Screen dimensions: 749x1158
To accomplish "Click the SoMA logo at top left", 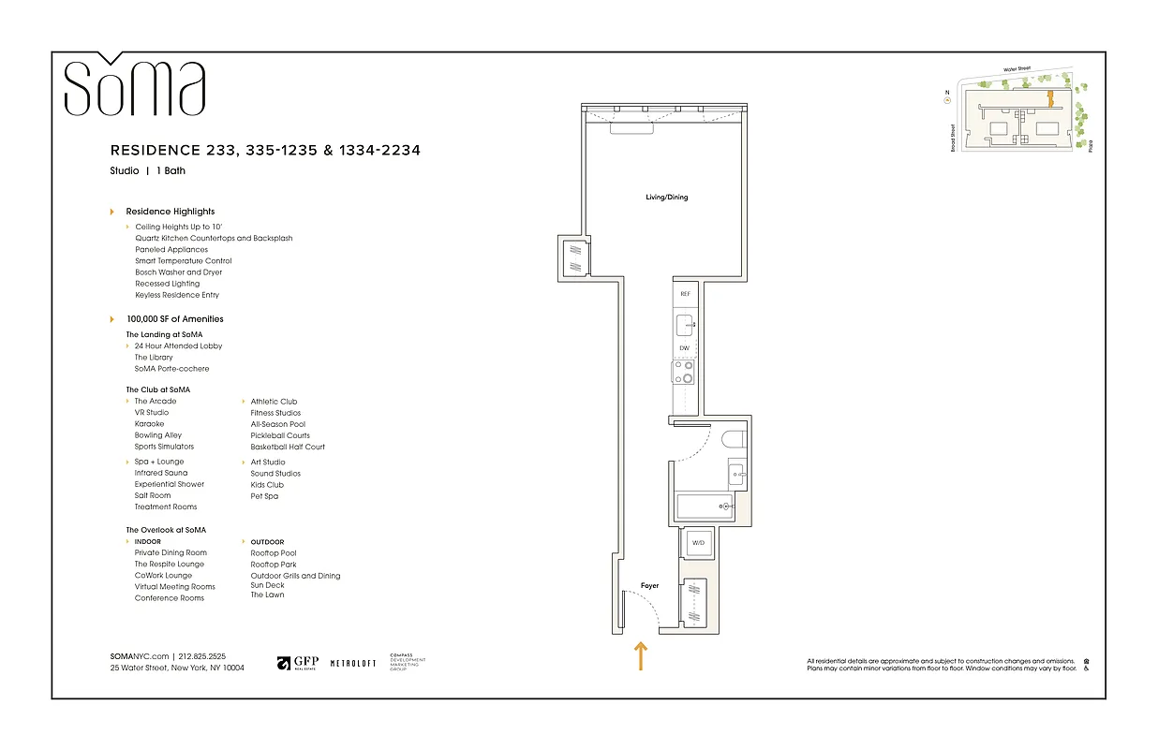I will pos(134,86).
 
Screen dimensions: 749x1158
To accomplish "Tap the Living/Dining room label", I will pos(666,198).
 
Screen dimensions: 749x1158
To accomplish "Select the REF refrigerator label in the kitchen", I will pos(685,294).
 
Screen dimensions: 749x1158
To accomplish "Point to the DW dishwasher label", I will pos(685,348).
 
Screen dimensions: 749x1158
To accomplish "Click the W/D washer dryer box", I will pos(698,543).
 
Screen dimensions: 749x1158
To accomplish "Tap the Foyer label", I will pos(649,586).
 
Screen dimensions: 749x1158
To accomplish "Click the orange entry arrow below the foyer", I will pos(642,655).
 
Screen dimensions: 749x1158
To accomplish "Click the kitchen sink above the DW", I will pos(685,325).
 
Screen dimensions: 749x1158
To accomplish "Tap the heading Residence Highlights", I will pos(171,212).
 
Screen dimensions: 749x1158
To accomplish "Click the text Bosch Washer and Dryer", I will pos(178,272).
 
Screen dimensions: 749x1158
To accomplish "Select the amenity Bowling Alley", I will pos(158,435).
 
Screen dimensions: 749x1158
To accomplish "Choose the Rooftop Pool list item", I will pos(275,553).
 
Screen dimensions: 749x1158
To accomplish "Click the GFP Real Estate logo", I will pos(297,663).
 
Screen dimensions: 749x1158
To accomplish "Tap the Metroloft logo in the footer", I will pos(353,663).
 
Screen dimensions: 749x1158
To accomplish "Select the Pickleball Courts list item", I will pos(280,435).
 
